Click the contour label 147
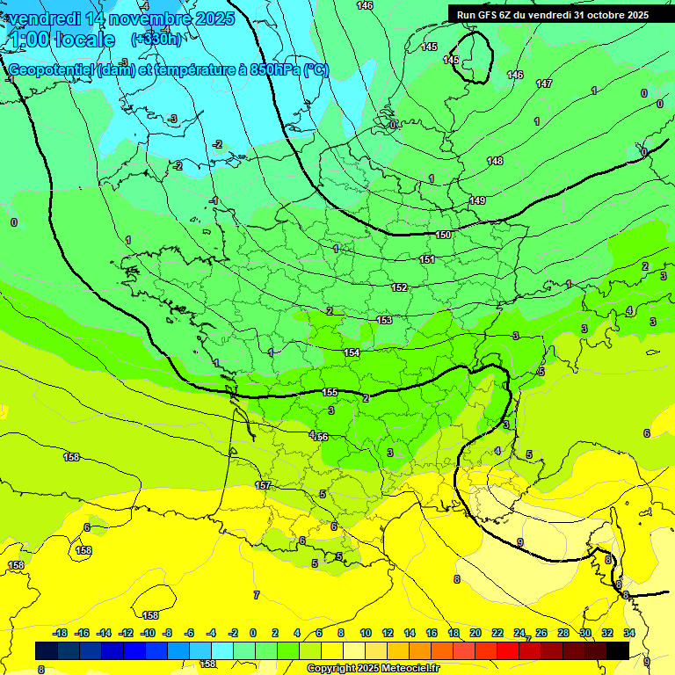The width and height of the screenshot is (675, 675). [x=544, y=83]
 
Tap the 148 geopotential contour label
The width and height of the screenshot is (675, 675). [x=496, y=161]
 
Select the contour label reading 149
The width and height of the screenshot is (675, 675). [x=477, y=201]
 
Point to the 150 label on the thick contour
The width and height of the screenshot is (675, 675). [x=444, y=235]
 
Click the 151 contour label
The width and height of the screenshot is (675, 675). [x=427, y=259]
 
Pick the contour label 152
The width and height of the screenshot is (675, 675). [x=399, y=287]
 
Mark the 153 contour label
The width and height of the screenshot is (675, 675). [x=384, y=320]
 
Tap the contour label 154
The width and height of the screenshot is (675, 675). [x=352, y=352]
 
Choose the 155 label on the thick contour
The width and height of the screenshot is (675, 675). [x=330, y=392]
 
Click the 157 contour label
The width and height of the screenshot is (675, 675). [x=262, y=485]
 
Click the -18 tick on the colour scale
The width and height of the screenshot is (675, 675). [x=61, y=633]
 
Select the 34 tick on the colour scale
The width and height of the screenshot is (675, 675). [x=629, y=633]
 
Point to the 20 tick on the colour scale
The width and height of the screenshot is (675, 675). [x=475, y=633]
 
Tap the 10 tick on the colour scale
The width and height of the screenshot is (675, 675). [x=365, y=633]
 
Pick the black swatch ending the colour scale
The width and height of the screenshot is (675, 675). [x=617, y=650]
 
